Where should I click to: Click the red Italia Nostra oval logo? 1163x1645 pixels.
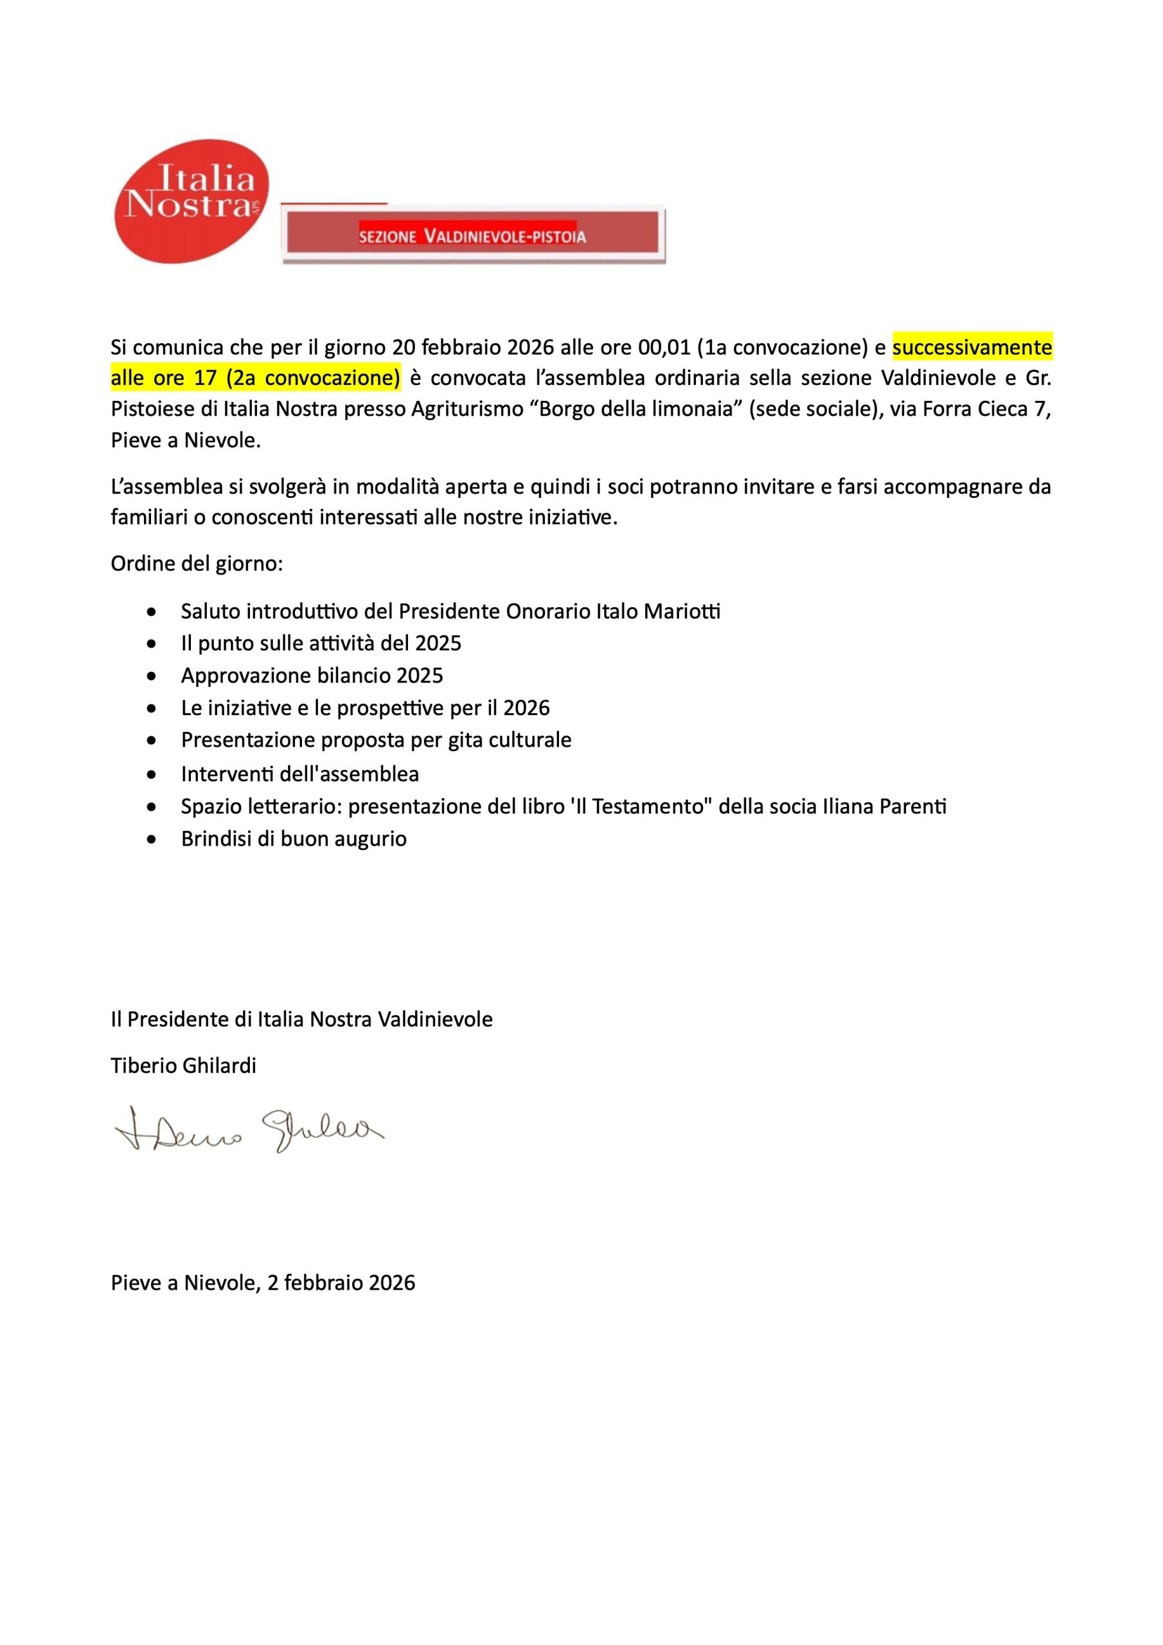point(192,200)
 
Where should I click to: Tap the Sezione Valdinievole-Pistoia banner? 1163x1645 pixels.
point(472,236)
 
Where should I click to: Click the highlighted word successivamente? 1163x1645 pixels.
point(972,348)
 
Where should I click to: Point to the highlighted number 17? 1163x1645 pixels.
point(206,378)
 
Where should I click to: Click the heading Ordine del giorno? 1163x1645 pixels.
point(197,563)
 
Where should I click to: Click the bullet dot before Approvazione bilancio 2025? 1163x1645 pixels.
point(151,675)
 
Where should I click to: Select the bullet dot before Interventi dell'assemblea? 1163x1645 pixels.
point(151,774)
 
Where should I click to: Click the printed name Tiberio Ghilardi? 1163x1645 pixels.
point(183,1065)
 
